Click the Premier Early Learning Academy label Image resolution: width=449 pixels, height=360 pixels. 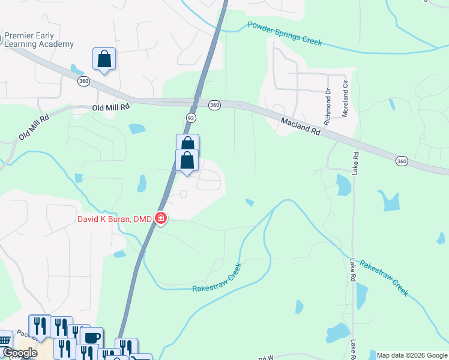39,40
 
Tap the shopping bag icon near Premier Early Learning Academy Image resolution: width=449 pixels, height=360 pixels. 104,59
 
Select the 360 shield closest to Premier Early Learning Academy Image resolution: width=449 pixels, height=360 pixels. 83,80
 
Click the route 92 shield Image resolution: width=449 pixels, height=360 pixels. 191,118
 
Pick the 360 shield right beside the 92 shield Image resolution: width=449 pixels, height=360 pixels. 214,105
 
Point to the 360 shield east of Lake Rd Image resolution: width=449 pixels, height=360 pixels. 402,161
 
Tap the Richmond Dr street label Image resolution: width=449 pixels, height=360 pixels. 328,107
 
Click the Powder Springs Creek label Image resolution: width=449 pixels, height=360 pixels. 285,34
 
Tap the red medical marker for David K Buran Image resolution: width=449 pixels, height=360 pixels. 160,218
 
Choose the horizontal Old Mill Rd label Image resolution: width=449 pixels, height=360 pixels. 111,107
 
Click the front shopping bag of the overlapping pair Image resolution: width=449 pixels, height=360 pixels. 187,161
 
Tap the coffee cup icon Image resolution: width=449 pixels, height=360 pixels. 91,337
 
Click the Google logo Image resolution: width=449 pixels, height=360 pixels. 19,353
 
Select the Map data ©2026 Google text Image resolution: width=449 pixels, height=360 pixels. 412,355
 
